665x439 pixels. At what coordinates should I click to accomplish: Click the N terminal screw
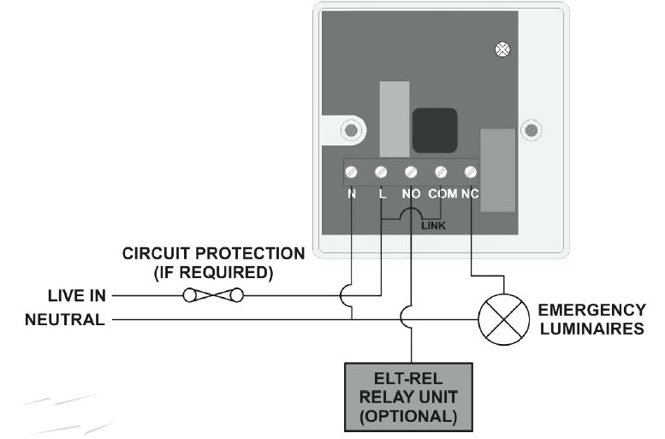352,172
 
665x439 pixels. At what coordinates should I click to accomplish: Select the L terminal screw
381,172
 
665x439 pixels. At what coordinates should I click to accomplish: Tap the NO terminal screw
411,172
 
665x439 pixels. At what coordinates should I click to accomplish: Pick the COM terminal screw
441,172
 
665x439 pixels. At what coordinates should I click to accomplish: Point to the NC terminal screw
470,172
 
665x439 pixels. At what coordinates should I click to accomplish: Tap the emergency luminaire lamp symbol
503,319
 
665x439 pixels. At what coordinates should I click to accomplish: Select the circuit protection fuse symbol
213,295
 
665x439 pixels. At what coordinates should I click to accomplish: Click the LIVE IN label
76,296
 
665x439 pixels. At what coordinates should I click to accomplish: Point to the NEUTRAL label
65,320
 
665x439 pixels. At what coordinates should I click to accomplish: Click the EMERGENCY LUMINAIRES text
591,318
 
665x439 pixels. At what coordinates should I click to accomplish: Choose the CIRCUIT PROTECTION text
213,254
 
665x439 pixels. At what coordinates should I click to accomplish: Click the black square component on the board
434,130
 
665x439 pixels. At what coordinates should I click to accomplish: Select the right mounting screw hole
531,131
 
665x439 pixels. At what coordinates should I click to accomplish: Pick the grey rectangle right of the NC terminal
497,169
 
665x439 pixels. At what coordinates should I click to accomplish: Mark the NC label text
470,193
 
